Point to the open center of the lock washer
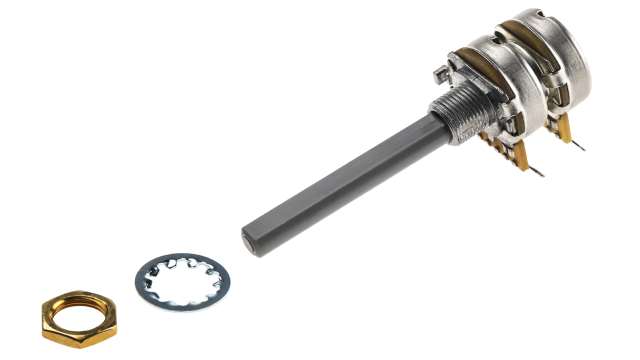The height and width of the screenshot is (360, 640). pos(185,277)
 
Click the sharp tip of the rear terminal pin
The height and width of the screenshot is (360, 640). pos(583,149)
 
